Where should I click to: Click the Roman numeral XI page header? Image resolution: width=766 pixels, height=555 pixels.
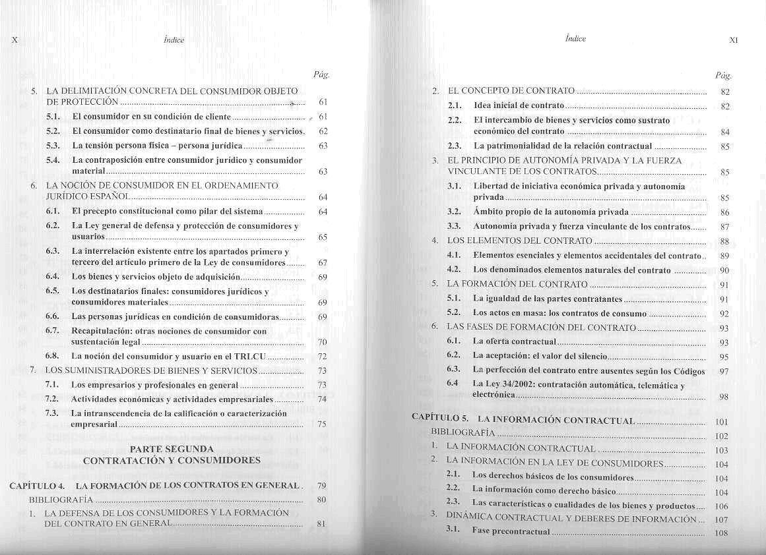pyautogui.click(x=732, y=40)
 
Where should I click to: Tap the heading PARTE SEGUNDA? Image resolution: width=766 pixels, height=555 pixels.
pyautogui.click(x=172, y=449)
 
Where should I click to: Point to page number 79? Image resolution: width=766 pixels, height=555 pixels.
pyautogui.click(x=322, y=486)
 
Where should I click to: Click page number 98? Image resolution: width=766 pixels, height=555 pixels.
pyautogui.click(x=724, y=397)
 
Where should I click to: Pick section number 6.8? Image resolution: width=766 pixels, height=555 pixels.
pyautogui.click(x=53, y=356)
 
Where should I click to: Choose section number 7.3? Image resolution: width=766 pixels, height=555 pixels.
pyautogui.click(x=53, y=413)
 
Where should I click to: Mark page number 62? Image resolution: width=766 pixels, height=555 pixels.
pyautogui.click(x=323, y=131)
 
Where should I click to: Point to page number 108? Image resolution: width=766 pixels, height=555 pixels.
pyautogui.click(x=721, y=533)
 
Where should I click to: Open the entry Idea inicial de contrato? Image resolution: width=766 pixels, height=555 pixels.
pyautogui.click(x=519, y=105)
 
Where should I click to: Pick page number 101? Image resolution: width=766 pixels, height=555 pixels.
pyautogui.click(x=721, y=422)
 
